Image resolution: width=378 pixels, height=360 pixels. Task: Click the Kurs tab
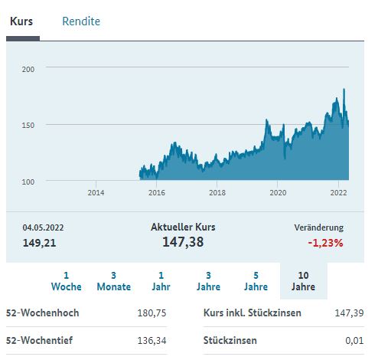click(21, 21)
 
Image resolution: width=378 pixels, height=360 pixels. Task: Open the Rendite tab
click(81, 21)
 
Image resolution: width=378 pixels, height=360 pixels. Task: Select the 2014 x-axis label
click(96, 192)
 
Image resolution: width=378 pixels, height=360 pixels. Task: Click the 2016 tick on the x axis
click(156, 192)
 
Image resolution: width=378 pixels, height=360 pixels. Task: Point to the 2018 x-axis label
click(217, 192)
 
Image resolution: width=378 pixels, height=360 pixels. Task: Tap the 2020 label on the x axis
click(278, 192)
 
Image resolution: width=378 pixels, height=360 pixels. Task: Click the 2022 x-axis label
click(338, 192)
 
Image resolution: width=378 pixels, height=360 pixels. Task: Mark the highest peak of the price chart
click(344, 90)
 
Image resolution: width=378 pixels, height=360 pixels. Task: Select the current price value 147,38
click(184, 242)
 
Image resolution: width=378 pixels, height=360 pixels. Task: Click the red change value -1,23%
click(326, 243)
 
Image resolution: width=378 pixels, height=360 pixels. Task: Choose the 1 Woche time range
click(66, 280)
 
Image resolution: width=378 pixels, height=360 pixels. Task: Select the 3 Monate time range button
click(113, 280)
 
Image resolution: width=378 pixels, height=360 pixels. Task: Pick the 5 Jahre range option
click(256, 280)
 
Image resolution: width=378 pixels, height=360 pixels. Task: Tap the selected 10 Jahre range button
click(303, 280)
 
